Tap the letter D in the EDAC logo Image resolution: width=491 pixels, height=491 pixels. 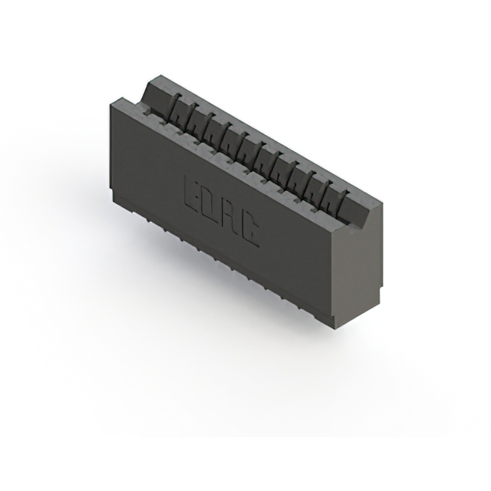pos(211,204)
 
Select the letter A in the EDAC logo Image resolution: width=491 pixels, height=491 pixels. pos(230,216)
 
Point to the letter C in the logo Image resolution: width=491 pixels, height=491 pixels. pos(250,227)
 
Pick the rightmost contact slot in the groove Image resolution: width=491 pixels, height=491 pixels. pos(335,195)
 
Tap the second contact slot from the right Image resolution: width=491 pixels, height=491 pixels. pos(318,186)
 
